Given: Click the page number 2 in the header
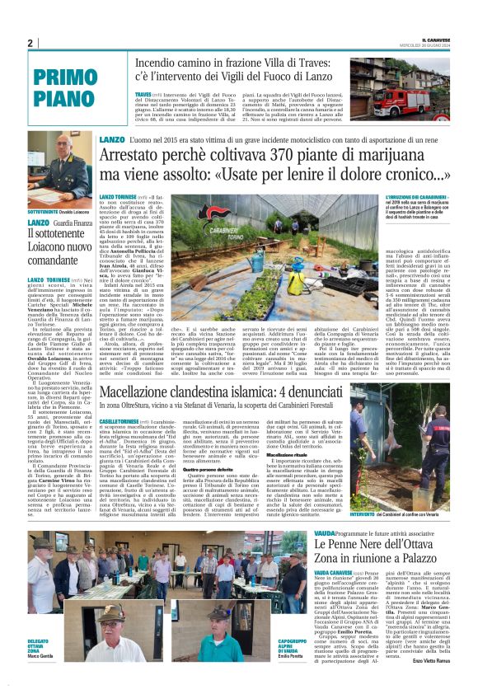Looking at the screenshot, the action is (x=30, y=44).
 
